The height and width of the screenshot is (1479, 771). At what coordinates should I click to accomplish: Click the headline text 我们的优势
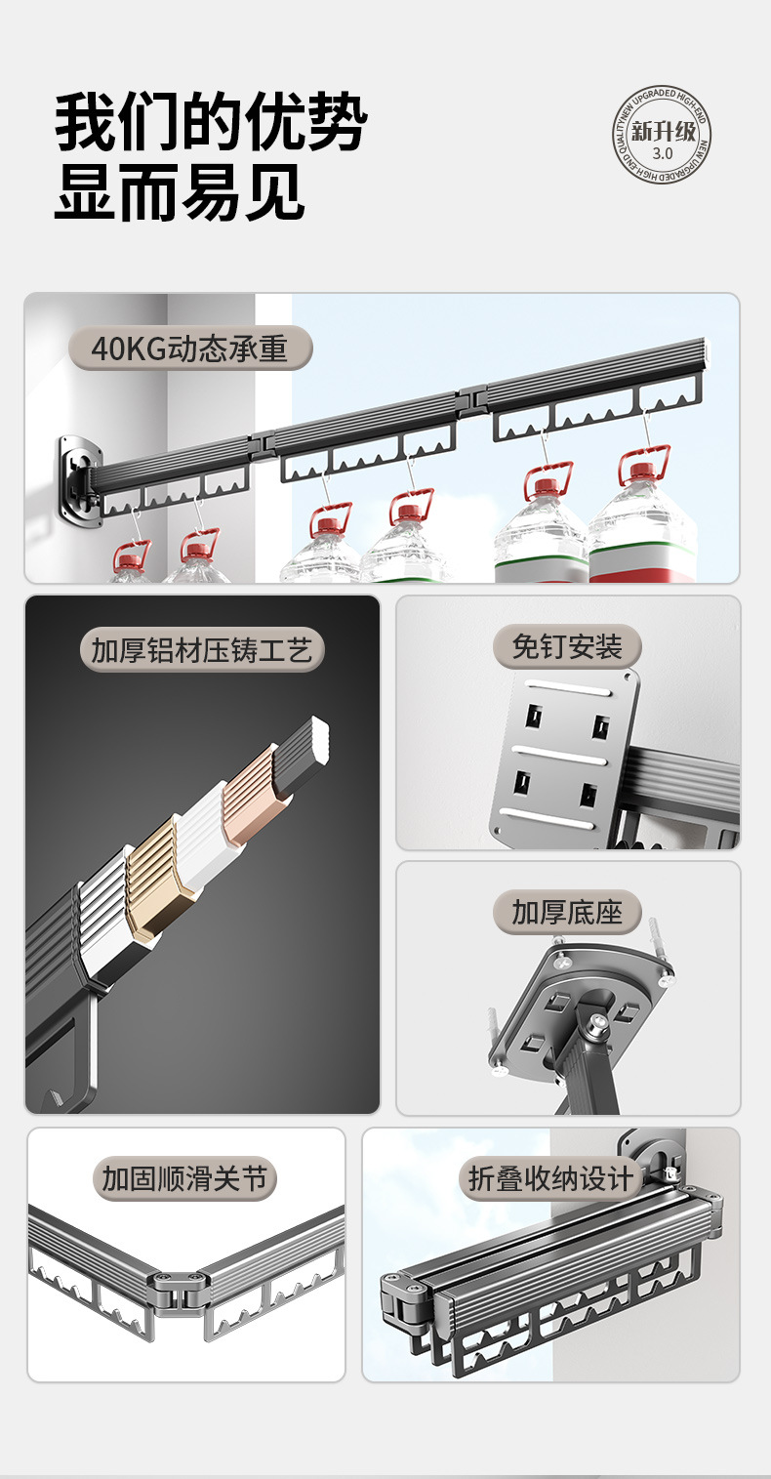pos(210,124)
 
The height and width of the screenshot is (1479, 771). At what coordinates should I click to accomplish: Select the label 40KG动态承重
pos(189,349)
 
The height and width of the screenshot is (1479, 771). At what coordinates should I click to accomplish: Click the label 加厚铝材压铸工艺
pos(202,650)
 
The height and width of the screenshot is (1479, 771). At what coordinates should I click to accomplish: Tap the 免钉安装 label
pos(567,646)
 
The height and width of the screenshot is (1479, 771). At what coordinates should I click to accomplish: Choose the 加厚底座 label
pos(567,912)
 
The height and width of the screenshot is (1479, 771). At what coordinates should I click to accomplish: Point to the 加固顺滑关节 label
pos(184,1178)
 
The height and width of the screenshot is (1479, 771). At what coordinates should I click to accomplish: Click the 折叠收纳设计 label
pos(549,1178)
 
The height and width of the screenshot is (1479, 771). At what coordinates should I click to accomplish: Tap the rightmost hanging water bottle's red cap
pos(641,471)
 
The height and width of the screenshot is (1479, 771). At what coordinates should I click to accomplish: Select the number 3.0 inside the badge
pos(663,153)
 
